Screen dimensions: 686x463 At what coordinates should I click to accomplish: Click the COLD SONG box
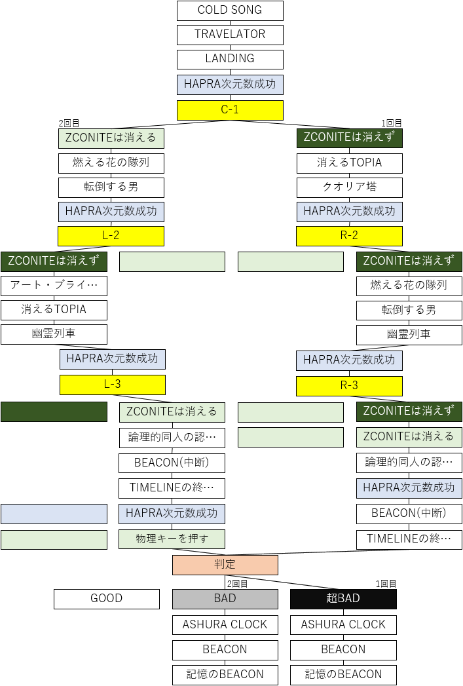(x=230, y=10)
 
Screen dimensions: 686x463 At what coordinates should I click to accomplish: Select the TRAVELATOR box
(x=230, y=35)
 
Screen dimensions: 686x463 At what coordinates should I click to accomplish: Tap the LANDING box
(x=230, y=59)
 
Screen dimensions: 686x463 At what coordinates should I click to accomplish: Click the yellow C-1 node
(x=230, y=110)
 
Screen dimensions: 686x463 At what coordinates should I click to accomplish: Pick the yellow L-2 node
(x=111, y=236)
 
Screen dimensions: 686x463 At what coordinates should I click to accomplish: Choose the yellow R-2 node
(x=349, y=236)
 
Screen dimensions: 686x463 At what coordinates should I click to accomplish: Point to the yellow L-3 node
(x=113, y=385)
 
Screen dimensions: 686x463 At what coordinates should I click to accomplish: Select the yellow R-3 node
(x=349, y=386)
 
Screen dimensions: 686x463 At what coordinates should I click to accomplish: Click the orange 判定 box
(x=225, y=565)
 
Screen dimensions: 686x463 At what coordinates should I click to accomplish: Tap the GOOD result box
(x=107, y=599)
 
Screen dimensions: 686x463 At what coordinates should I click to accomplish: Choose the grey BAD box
(x=225, y=599)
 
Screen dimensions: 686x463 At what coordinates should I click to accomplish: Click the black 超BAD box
(x=343, y=599)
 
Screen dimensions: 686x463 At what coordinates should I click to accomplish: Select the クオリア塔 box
(x=349, y=187)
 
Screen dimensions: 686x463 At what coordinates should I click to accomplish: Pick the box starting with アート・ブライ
(x=54, y=286)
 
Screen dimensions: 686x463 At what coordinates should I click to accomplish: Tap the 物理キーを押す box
(x=172, y=539)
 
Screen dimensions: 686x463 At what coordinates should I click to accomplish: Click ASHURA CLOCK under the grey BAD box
(x=225, y=625)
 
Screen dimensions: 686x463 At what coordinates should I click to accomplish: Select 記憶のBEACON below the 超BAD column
(x=343, y=675)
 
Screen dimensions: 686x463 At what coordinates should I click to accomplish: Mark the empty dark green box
(x=54, y=411)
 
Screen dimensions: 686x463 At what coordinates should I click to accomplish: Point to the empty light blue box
(x=54, y=514)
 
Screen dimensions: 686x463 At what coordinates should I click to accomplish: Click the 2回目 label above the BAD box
(x=237, y=584)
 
